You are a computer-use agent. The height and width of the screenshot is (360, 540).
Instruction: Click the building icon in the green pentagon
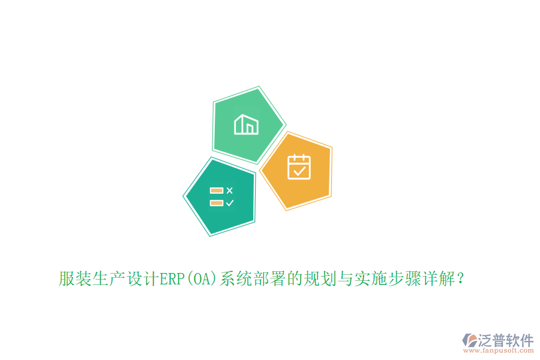(x=246, y=125)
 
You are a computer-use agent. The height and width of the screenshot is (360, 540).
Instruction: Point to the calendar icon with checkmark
(x=299, y=167)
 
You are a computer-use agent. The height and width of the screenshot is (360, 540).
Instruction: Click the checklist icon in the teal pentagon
(x=221, y=196)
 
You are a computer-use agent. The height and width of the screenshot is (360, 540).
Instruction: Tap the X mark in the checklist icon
(x=229, y=190)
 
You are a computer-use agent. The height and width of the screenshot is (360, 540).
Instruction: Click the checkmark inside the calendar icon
(x=299, y=171)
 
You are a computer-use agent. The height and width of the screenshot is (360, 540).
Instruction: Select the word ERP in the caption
(x=172, y=279)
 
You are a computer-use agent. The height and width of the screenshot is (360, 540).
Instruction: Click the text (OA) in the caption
(x=203, y=279)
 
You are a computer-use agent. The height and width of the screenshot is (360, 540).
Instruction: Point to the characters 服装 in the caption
(x=75, y=279)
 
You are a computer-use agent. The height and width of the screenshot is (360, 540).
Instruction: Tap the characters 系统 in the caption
(x=236, y=279)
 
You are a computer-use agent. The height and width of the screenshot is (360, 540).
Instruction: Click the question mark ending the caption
(x=460, y=279)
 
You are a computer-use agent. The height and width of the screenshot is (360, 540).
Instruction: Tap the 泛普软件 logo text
(x=506, y=340)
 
